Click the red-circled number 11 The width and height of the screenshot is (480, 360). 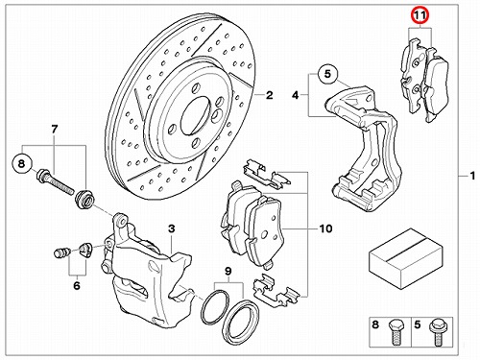[420, 15]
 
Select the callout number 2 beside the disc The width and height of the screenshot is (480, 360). [269, 95]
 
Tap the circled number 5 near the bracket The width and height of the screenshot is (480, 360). [327, 74]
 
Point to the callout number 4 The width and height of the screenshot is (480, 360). [296, 95]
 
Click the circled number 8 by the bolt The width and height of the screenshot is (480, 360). [21, 164]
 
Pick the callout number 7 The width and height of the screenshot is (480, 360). [55, 130]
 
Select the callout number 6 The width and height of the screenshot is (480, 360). [77, 285]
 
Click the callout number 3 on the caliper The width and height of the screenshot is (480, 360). [172, 228]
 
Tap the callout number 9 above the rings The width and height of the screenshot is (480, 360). [228, 272]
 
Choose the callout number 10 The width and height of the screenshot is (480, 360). [325, 228]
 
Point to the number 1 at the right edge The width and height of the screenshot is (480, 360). [472, 176]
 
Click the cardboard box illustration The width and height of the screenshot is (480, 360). [406, 258]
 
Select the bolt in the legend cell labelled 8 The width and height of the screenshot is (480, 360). [395, 333]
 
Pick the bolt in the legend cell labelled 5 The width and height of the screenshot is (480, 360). [437, 333]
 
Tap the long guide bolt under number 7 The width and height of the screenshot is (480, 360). [55, 182]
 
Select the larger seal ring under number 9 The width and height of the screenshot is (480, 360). [241, 322]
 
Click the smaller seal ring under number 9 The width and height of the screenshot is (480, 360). [215, 306]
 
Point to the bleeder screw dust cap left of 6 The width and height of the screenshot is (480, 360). [60, 253]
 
